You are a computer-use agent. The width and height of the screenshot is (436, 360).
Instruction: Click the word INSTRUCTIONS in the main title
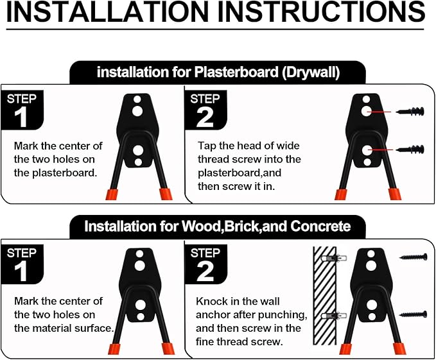[322, 12]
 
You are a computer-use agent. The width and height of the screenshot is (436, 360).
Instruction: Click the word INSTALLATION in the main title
[107, 12]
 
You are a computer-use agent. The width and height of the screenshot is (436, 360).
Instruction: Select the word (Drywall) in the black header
[311, 73]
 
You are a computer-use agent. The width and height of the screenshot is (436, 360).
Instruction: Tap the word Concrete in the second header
[320, 226]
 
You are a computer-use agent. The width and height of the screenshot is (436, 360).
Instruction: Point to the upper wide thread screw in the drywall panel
[410, 112]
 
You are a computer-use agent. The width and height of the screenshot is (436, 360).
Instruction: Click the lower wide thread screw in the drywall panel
[410, 150]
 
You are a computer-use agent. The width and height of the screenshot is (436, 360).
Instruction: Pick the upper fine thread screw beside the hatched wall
[413, 257]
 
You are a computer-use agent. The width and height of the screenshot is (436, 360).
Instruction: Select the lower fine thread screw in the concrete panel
[413, 314]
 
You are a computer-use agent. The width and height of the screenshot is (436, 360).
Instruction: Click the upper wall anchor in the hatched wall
[334, 259]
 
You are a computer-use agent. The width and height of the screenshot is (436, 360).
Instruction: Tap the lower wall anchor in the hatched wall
[334, 316]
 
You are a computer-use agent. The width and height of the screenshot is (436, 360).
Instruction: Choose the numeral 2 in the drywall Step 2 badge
[205, 118]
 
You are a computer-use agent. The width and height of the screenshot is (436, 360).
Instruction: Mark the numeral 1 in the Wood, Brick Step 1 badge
[21, 271]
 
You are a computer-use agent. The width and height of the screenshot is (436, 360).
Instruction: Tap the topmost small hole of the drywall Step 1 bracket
[137, 99]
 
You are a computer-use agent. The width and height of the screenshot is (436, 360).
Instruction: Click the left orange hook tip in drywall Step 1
[112, 194]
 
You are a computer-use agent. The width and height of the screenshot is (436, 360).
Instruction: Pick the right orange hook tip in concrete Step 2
[400, 348]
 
